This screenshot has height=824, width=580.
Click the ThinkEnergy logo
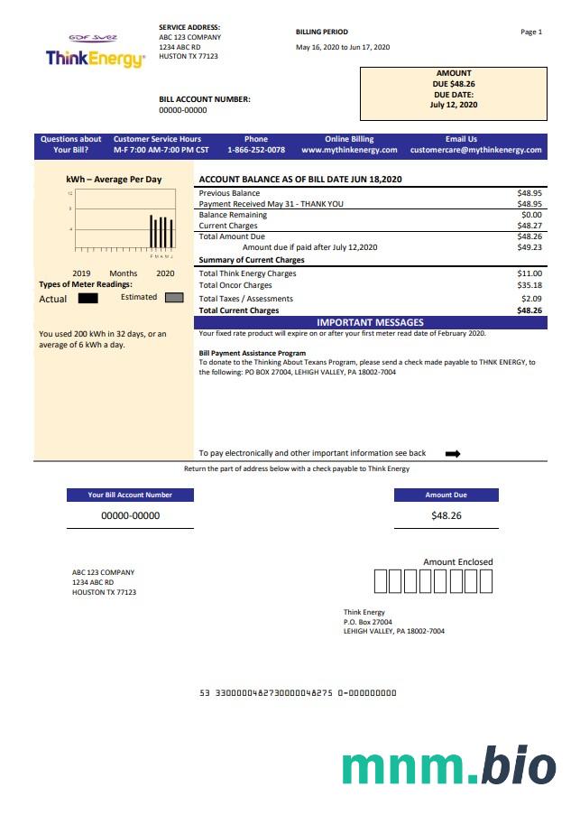95,56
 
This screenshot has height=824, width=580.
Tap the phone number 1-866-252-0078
256,150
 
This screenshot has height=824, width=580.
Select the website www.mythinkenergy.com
349,150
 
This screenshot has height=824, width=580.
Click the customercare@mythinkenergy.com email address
475,150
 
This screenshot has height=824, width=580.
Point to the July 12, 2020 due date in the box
454,105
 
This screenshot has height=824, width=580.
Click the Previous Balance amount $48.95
529,193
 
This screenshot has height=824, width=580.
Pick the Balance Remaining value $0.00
531,215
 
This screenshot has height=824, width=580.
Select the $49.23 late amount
529,247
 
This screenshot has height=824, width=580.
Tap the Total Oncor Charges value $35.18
529,286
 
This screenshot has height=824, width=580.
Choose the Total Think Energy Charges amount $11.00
529,273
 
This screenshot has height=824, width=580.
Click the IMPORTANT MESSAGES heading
370,322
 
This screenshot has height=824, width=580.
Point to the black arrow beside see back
453,454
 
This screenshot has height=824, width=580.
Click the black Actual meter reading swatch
88,298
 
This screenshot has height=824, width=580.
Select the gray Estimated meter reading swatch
174,298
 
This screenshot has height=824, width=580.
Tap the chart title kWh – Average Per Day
114,180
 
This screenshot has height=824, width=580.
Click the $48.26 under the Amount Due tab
446,515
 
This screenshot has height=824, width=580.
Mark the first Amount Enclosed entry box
380,581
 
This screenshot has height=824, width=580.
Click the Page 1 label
531,32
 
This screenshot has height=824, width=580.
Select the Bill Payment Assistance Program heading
252,353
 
